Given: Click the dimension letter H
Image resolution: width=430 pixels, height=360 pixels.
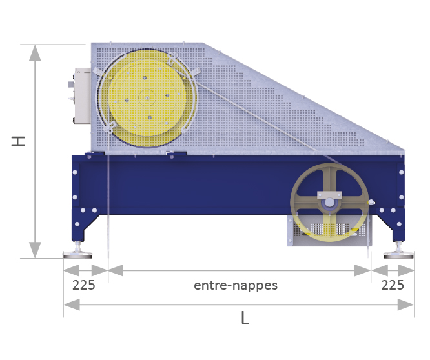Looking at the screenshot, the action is [x=18, y=141].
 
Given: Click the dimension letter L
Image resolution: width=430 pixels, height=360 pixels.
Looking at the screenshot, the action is [x=245, y=318].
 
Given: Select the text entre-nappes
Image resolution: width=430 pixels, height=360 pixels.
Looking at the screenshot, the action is [x=236, y=285].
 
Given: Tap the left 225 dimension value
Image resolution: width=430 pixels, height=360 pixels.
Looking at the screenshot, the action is [x=84, y=285].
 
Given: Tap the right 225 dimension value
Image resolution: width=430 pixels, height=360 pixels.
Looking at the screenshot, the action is [x=393, y=285].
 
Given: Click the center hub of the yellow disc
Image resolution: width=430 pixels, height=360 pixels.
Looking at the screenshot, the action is [x=147, y=98].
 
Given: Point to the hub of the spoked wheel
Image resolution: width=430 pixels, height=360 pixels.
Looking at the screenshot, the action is [x=329, y=203].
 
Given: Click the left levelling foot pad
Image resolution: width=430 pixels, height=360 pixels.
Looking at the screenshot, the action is [x=77, y=255].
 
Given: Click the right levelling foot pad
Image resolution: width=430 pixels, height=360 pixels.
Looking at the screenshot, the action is [x=398, y=255].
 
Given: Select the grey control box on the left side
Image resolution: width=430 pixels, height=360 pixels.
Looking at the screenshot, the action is [x=81, y=96].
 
